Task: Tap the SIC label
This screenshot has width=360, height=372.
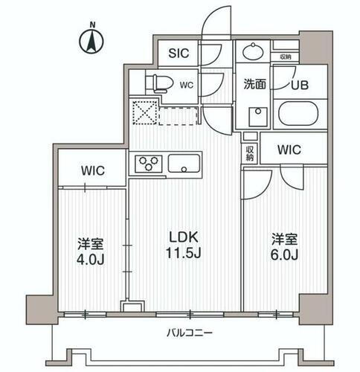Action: click(x=179, y=53)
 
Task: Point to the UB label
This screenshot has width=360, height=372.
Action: click(x=298, y=85)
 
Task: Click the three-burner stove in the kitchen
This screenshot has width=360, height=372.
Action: click(x=147, y=163)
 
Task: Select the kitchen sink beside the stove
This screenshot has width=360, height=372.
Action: click(x=182, y=163)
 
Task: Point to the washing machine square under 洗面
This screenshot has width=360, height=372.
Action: click(x=259, y=118)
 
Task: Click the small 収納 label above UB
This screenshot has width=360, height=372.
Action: click(x=286, y=57)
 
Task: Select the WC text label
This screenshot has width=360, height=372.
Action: click(x=187, y=84)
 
